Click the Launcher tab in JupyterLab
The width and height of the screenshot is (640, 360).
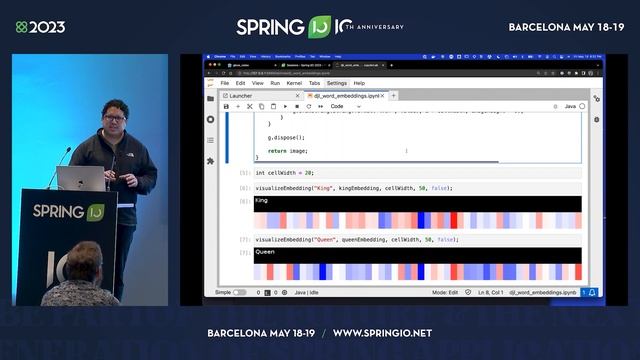pos(241,95)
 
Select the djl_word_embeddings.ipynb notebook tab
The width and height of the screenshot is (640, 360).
pos(351,95)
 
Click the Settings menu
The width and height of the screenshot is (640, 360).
pos(336,83)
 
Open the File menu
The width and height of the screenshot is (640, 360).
pos(225,83)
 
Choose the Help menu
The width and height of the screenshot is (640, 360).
pos(359,83)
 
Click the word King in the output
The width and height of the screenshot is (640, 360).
pos(262,201)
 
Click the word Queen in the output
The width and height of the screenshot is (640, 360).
pos(265,252)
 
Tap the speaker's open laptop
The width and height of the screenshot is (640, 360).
pos(81,178)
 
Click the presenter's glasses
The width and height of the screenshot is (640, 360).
pos(115,117)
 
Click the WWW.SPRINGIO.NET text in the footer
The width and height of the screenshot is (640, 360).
pos(382,333)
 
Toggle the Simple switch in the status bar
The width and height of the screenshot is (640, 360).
pos(240,293)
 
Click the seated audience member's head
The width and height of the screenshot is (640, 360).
pos(85,262)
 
